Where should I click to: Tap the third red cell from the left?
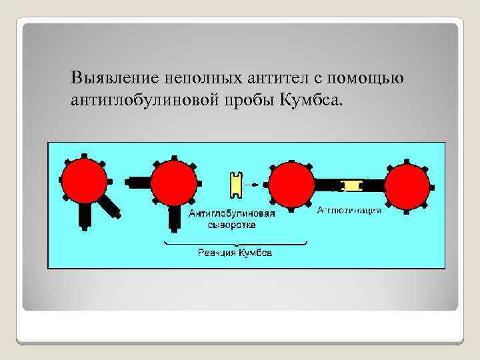click(291, 184)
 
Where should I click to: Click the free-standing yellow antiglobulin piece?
click(234, 183)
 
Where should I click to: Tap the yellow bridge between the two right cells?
click(350, 184)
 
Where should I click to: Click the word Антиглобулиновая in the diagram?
click(231, 214)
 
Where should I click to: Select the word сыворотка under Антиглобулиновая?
click(231, 225)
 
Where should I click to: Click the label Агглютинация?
click(349, 211)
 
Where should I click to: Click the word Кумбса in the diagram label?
click(255, 253)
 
